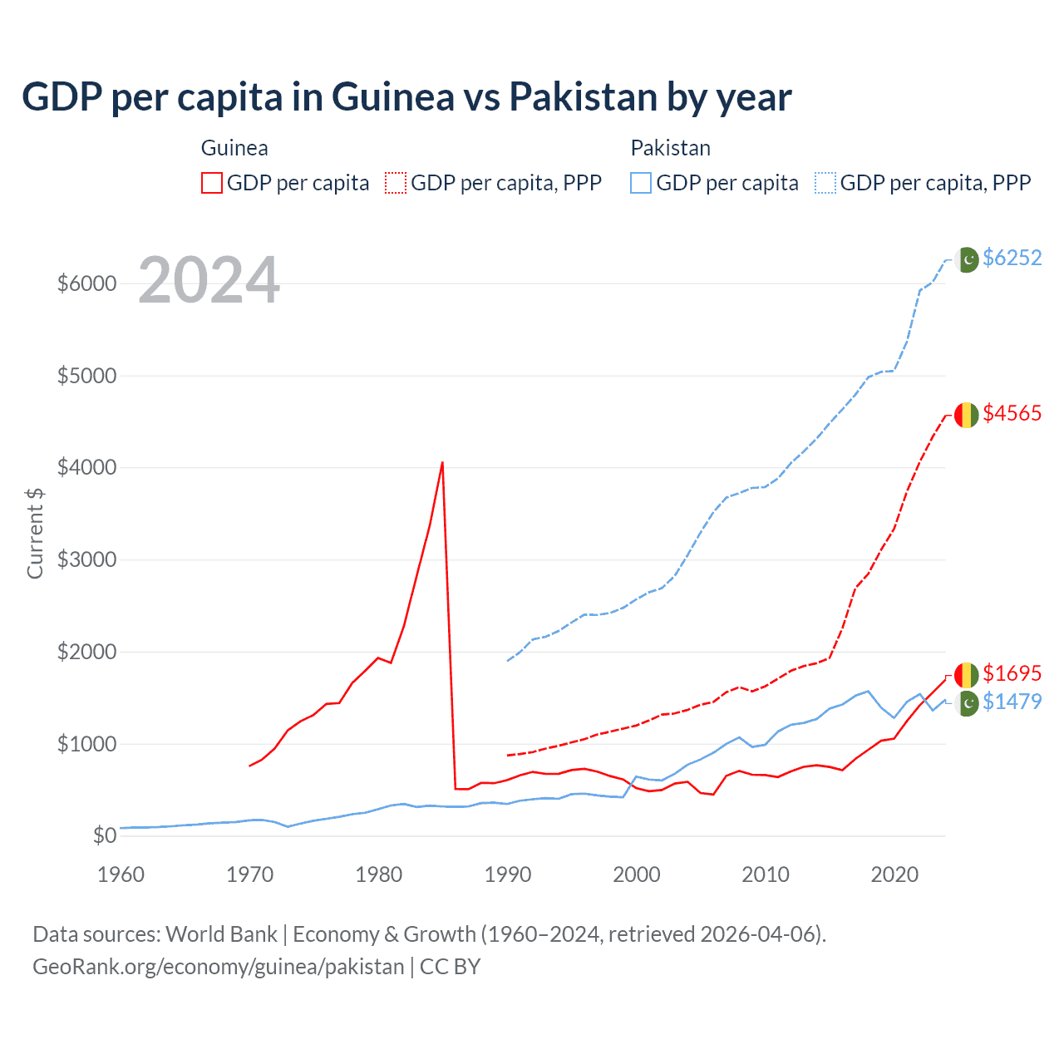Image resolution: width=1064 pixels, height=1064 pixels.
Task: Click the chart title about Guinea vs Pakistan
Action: tap(406, 97)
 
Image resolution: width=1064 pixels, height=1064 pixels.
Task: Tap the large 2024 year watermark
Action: tap(209, 280)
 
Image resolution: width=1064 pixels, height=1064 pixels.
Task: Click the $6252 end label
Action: tap(1012, 258)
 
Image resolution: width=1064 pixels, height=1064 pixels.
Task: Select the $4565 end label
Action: tap(1012, 413)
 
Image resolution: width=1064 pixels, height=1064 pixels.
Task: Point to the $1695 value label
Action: tap(1012, 672)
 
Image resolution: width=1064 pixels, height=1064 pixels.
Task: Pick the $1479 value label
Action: tap(1012, 702)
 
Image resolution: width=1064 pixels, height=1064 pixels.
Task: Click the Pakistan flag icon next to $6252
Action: tap(967, 259)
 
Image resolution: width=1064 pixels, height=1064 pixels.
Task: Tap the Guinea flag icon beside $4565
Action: tap(966, 414)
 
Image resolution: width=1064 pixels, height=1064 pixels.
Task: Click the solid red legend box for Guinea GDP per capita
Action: tap(212, 183)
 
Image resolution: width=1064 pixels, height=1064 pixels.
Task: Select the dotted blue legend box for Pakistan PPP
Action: tap(825, 183)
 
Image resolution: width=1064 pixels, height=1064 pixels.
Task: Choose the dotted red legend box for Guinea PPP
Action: tap(397, 183)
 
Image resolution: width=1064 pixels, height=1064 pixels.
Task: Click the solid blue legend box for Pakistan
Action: tap(641, 183)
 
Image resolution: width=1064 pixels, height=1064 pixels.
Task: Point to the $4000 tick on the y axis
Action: tap(86, 467)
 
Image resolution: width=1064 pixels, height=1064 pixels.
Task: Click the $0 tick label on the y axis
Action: tap(104, 835)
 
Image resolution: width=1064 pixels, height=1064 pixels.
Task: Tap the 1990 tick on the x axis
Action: tap(507, 874)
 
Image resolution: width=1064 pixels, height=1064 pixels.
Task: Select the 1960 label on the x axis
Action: tap(121, 874)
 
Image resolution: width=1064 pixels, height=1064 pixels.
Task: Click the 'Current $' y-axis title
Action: tap(35, 533)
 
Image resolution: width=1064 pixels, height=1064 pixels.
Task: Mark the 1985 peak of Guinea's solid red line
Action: tap(442, 462)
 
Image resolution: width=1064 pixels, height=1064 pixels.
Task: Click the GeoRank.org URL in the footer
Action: tap(218, 967)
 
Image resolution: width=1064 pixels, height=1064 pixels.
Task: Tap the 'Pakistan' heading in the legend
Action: tap(670, 148)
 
